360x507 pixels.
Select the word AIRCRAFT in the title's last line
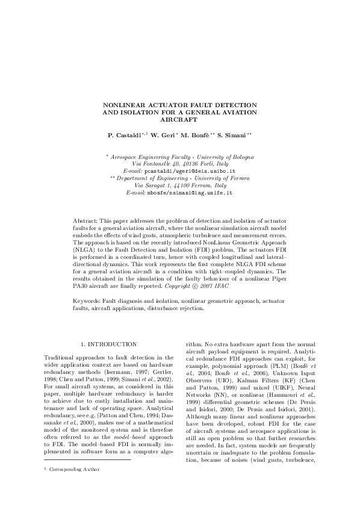click(x=180, y=120)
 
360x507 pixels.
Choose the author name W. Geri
click(x=165, y=135)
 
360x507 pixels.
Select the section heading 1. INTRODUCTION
click(x=108, y=344)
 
